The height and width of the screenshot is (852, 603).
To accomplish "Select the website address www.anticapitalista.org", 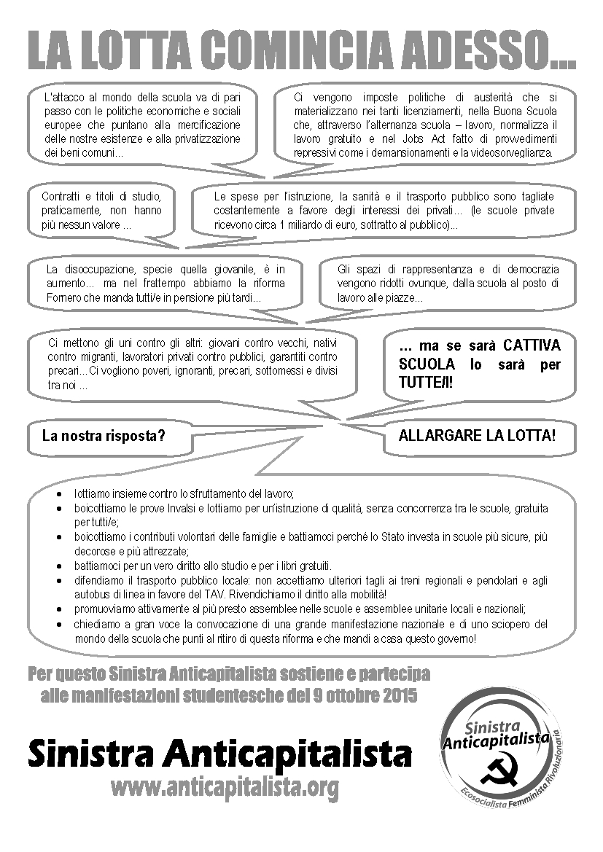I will (x=225, y=787).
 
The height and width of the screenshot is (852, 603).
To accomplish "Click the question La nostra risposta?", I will (x=104, y=437).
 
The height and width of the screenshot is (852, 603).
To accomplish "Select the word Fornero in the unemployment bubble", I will (x=63, y=298).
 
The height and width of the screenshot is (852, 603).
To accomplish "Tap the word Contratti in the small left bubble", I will (x=62, y=196).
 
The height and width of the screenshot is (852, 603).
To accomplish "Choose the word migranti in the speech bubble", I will (x=94, y=357).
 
